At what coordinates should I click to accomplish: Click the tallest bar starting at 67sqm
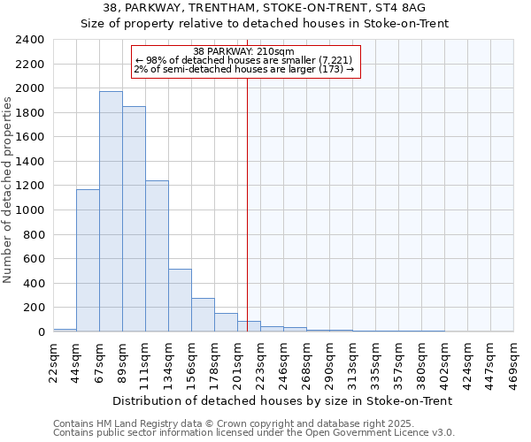[111, 212]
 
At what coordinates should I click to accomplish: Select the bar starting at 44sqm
[88, 261]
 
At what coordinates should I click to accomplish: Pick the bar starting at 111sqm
[157, 256]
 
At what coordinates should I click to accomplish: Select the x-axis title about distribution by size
[283, 400]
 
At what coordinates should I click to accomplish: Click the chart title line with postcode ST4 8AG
[265, 8]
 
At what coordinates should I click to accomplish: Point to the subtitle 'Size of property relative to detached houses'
[265, 24]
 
